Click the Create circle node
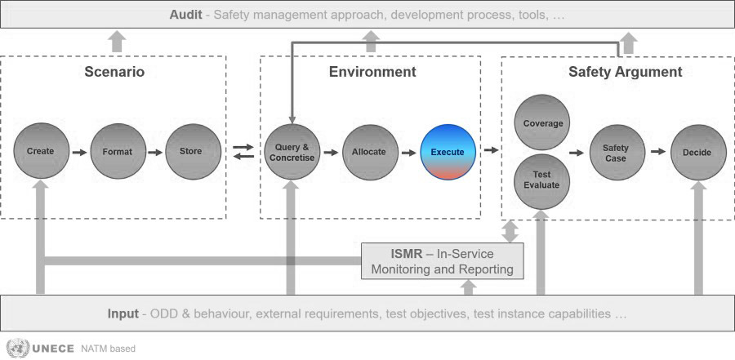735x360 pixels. [x=41, y=151]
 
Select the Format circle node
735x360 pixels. [x=118, y=151]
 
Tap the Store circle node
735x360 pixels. [x=193, y=151]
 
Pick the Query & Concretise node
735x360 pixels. [x=292, y=152]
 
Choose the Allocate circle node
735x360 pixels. [x=370, y=153]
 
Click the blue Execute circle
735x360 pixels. [x=448, y=153]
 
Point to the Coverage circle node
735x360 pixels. [x=542, y=122]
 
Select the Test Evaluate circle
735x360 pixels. [x=542, y=181]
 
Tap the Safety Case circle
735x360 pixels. [x=617, y=153]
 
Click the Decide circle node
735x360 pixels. [x=698, y=153]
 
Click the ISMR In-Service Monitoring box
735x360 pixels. [x=442, y=261]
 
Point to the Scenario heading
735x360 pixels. [x=114, y=72]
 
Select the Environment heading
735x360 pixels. [x=372, y=72]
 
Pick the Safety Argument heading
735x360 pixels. [x=626, y=72]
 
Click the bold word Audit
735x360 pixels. [x=185, y=15]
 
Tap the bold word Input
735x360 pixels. [x=122, y=313]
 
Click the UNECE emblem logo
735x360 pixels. [x=18, y=349]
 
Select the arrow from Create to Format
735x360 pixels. [x=80, y=153]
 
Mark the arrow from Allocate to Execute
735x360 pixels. [x=409, y=153]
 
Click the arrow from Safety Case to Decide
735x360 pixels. [x=658, y=151]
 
